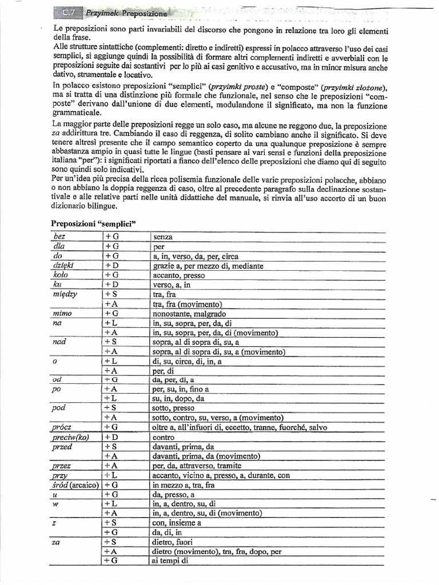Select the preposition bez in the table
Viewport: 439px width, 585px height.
pyautogui.click(x=60, y=237)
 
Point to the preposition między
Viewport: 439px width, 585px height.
pyautogui.click(x=65, y=294)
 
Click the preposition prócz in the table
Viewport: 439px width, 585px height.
pyautogui.click(x=62, y=427)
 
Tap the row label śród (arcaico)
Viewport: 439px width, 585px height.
pyautogui.click(x=74, y=484)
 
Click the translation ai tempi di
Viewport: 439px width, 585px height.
pyautogui.click(x=169, y=560)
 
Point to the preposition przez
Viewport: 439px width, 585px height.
pyautogui.click(x=61, y=466)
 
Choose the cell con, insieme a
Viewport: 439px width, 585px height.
pyautogui.click(x=177, y=522)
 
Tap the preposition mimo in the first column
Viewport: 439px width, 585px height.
pyautogui.click(x=62, y=314)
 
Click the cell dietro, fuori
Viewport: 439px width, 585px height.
pyautogui.click(x=173, y=542)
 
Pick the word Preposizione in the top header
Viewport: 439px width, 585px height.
pyautogui.click(x=142, y=13)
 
